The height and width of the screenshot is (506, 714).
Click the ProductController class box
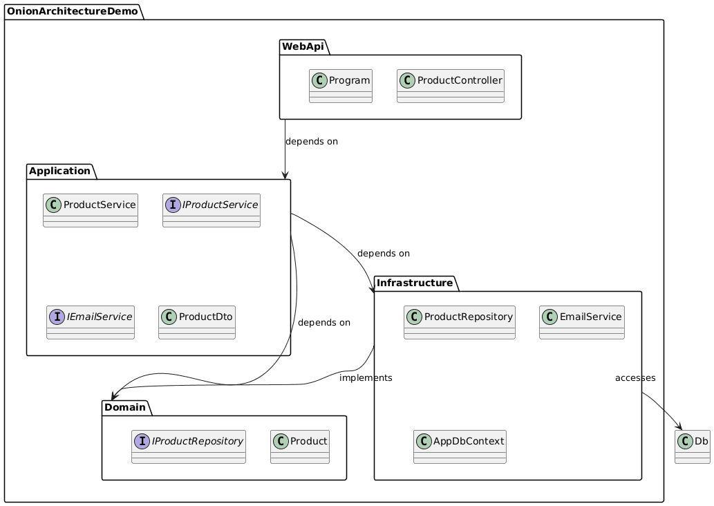point(451,86)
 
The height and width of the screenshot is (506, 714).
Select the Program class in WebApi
point(341,86)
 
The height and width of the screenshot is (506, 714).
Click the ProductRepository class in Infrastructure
point(460,322)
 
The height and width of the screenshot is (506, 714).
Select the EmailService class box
point(582,322)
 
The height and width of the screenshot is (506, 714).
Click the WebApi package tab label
point(304,46)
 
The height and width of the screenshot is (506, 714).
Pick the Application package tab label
point(60,171)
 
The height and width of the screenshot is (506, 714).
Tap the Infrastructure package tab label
point(415,283)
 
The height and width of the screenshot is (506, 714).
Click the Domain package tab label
point(126,407)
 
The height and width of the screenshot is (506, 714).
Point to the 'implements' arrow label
point(366,377)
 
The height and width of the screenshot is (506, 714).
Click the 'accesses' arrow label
point(635,377)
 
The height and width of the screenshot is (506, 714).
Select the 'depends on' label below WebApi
point(311,141)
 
